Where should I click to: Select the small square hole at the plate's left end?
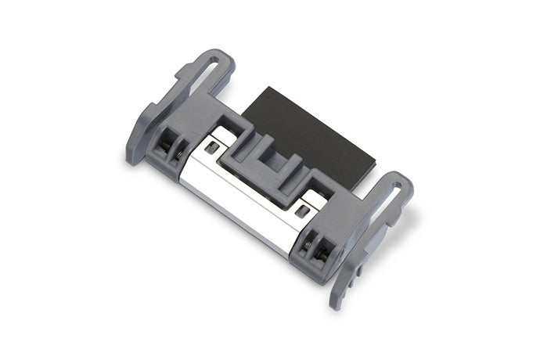[210, 146]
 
